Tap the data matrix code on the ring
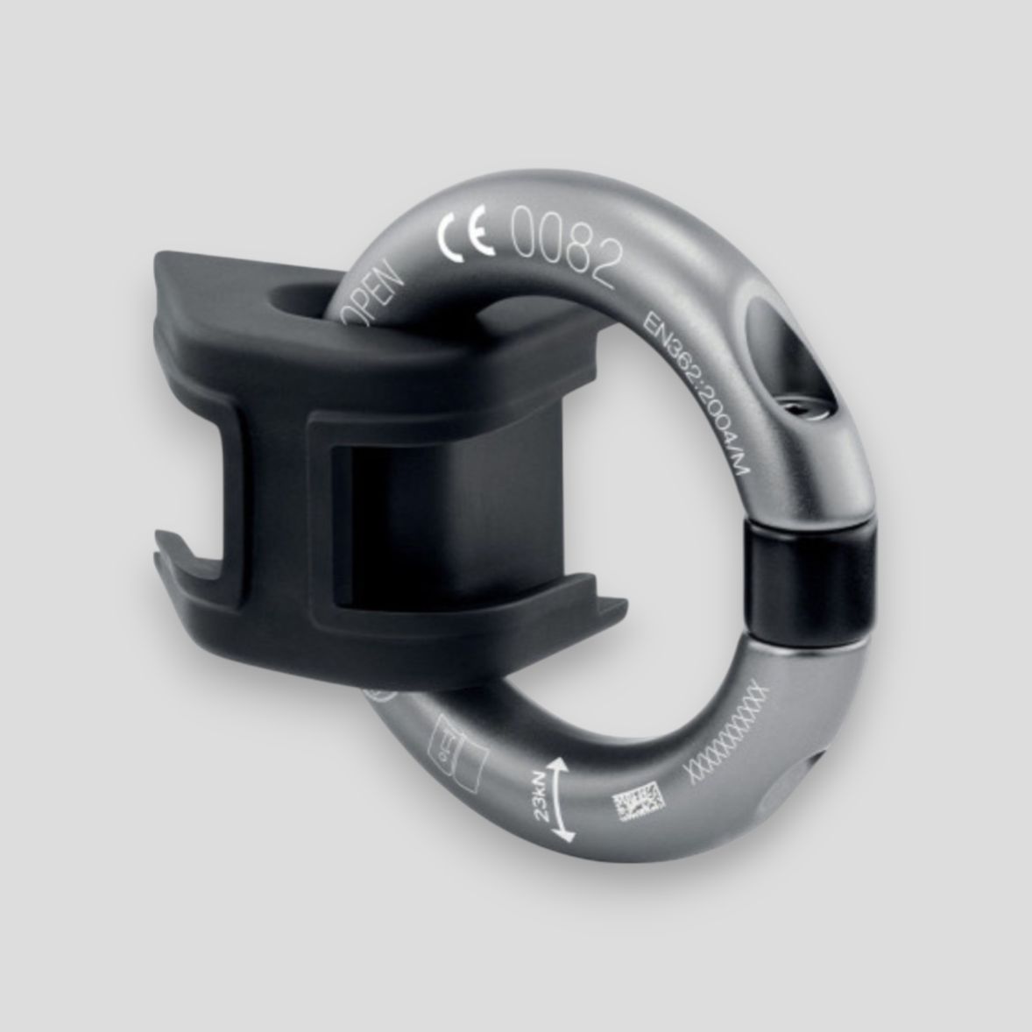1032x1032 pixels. [638, 802]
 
